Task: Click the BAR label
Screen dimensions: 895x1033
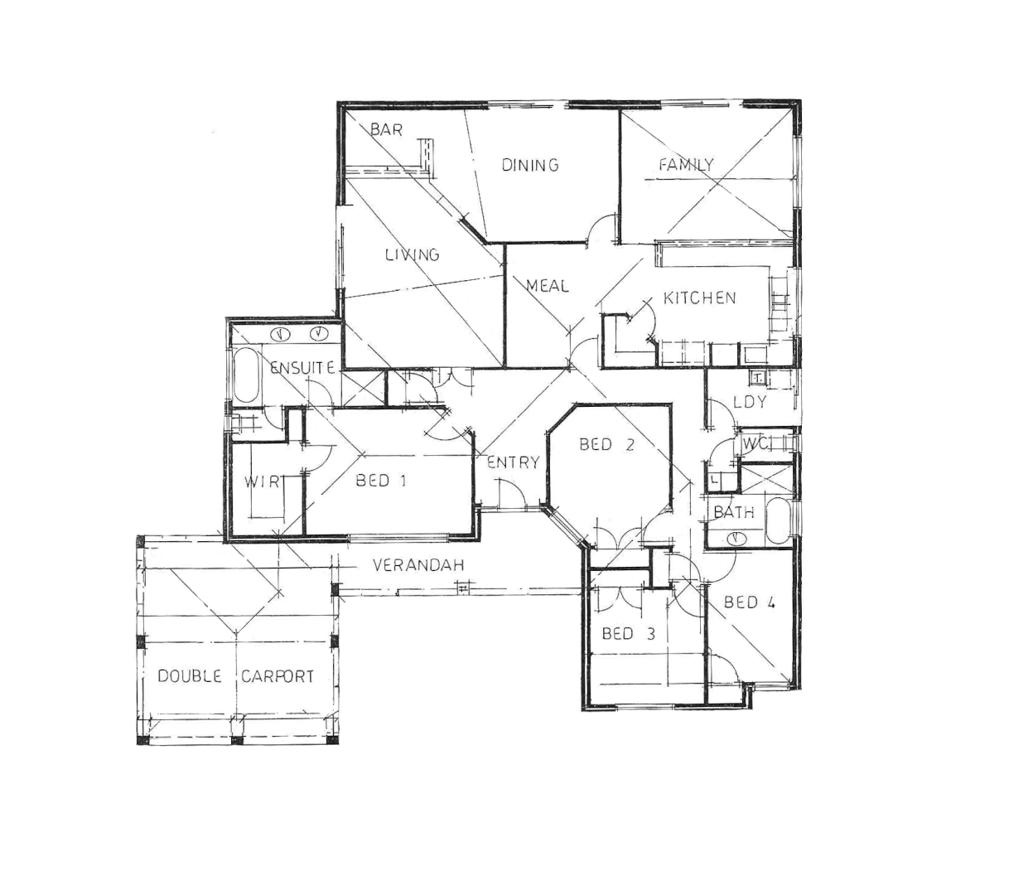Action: (x=386, y=130)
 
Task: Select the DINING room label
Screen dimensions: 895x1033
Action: (x=530, y=165)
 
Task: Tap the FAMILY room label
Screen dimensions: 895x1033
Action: (x=686, y=165)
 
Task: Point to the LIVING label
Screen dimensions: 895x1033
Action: (x=412, y=254)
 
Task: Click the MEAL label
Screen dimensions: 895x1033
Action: (x=548, y=286)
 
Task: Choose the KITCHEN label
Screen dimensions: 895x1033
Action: (x=699, y=298)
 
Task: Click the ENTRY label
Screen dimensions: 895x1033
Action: (x=513, y=462)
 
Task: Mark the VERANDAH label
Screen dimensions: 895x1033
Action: (x=418, y=565)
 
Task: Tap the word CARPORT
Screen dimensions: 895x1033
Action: (x=278, y=676)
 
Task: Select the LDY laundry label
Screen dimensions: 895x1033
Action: (x=750, y=402)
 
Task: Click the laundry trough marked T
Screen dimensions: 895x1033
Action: (x=758, y=379)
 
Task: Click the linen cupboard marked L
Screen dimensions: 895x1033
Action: (x=715, y=480)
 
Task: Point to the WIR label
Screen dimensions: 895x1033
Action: (x=263, y=481)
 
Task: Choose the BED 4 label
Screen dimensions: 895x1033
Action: (x=749, y=602)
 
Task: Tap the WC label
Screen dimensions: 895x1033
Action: (x=755, y=444)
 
